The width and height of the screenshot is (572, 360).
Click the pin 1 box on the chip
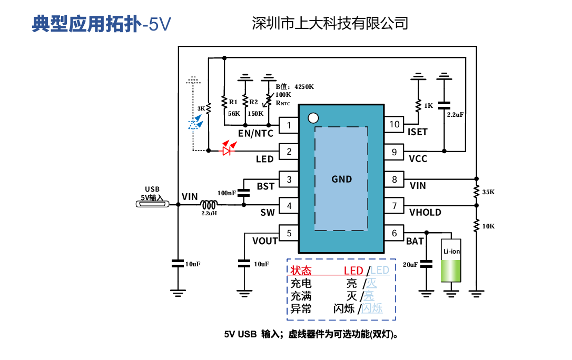289,125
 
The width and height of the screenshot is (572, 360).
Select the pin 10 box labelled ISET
394,124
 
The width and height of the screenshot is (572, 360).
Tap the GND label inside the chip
342,179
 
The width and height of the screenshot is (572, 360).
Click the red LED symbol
229,148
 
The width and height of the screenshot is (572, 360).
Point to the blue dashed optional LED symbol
194,123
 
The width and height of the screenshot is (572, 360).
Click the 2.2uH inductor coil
209,205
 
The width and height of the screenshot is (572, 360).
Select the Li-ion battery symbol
451,260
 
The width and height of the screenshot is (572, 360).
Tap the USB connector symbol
153,204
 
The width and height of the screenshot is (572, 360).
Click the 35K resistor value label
488,192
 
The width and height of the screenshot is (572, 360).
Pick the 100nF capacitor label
226,193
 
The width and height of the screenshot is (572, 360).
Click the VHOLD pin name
425,213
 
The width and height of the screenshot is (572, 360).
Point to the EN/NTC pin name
255,133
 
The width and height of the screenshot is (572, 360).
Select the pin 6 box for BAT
394,233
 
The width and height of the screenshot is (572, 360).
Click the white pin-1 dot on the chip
313,118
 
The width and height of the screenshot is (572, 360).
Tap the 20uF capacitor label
410,265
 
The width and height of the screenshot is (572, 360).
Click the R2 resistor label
253,102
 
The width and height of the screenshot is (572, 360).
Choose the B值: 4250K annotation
295,87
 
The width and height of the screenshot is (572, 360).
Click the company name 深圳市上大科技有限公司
330,23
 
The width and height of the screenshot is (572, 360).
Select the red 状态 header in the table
301,271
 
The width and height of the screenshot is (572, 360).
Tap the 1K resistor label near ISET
429,106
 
